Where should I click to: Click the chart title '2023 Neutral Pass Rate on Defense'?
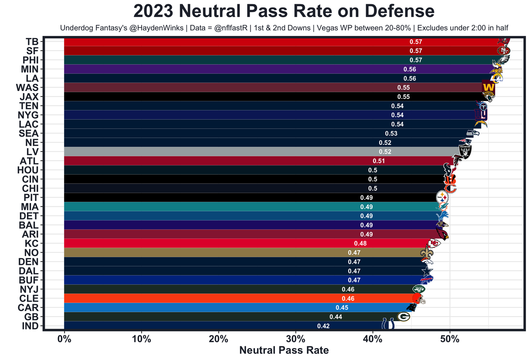(x=284, y=11)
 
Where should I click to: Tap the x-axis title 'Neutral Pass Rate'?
(x=284, y=350)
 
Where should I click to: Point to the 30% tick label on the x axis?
(x=296, y=339)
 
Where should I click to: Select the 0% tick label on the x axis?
(x=64, y=339)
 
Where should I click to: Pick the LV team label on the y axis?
(x=32, y=152)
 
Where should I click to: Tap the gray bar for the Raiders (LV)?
(x=248, y=152)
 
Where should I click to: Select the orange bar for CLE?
(x=228, y=298)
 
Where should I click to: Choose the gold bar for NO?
(x=228, y=252)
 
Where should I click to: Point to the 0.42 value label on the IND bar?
(x=323, y=326)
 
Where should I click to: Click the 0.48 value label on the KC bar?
(x=360, y=243)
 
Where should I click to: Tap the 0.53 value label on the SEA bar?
(x=391, y=134)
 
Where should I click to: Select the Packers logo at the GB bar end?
(x=403, y=317)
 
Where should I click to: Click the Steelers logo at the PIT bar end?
(x=442, y=197)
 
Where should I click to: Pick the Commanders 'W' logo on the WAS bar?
(x=488, y=88)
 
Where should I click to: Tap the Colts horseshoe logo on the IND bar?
(x=388, y=324)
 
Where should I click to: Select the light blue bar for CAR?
(x=228, y=307)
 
